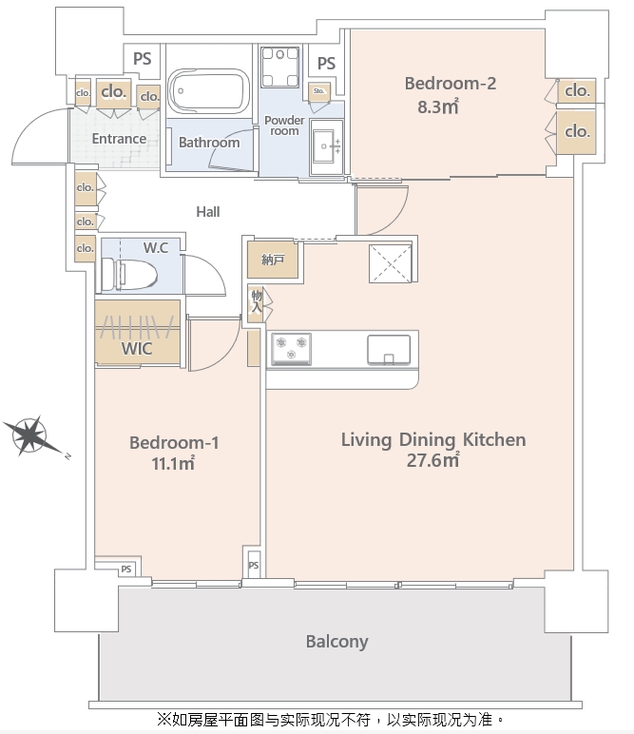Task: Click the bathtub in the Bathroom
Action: (209, 91)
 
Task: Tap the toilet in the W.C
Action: (128, 275)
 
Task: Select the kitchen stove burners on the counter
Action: (291, 349)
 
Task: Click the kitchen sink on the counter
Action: (389, 349)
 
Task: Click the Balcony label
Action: (336, 642)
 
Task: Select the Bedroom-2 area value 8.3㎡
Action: (438, 107)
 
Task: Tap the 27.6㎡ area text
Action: (432, 460)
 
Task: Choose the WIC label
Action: (137, 349)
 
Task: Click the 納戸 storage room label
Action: (273, 260)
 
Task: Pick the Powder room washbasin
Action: (326, 146)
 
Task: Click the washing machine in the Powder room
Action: (279, 67)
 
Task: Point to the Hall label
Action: (208, 212)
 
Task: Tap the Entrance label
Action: (119, 139)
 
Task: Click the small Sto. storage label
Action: (319, 91)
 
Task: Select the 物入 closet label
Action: (257, 301)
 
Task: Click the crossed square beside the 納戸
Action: (391, 263)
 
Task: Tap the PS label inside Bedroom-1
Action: (126, 570)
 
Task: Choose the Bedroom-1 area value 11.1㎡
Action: (173, 463)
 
